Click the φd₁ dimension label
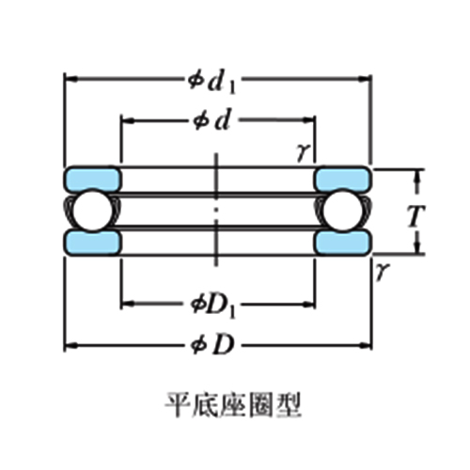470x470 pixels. click(x=211, y=83)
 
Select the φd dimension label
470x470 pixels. click(x=211, y=120)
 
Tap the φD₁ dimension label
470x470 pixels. click(x=213, y=306)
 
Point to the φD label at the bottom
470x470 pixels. click(x=213, y=345)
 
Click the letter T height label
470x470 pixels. click(x=416, y=216)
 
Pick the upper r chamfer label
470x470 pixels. click(x=304, y=152)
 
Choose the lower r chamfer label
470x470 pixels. click(x=383, y=271)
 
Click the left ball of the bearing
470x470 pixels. click(x=93, y=211)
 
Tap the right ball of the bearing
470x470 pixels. click(x=343, y=211)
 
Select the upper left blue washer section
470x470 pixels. click(x=93, y=179)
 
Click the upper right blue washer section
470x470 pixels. click(x=343, y=179)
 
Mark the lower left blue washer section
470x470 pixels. click(x=93, y=243)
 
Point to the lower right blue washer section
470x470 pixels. click(x=343, y=243)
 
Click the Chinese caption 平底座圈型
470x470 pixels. click(x=233, y=405)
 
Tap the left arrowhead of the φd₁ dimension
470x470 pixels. click(x=70, y=79)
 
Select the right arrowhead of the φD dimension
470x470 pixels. click(x=365, y=346)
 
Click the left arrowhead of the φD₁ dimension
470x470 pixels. click(x=128, y=304)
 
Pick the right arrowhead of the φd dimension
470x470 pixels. click(x=308, y=120)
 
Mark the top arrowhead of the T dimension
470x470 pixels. click(x=417, y=177)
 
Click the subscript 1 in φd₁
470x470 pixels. click(x=231, y=88)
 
